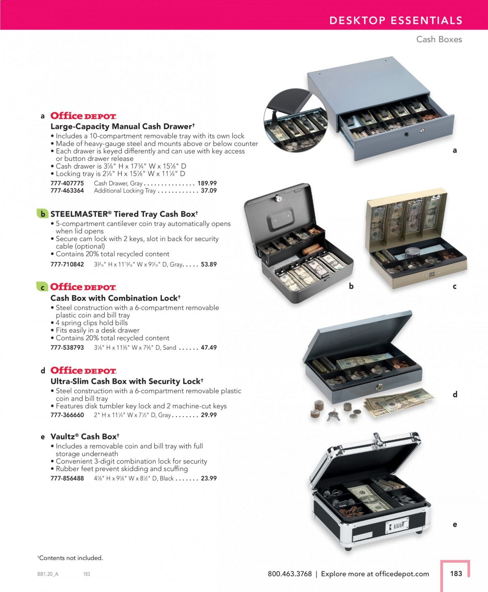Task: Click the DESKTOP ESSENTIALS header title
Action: pyautogui.click(x=396, y=20)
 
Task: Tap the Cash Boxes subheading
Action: pyautogui.click(x=439, y=39)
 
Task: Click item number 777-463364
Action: pyautogui.click(x=67, y=191)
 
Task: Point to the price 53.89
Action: pyautogui.click(x=209, y=264)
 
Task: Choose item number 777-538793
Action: pyautogui.click(x=67, y=347)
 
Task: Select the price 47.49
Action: pyautogui.click(x=209, y=347)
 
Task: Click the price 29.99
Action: pyautogui.click(x=209, y=415)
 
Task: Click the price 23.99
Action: pyautogui.click(x=209, y=478)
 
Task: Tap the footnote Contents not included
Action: pyautogui.click(x=70, y=558)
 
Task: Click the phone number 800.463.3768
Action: pyautogui.click(x=290, y=574)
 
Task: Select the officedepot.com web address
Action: pyautogui.click(x=402, y=574)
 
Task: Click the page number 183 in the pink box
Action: pyautogui.click(x=456, y=573)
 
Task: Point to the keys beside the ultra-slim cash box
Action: pyautogui.click(x=333, y=415)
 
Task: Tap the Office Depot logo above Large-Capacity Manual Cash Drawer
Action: pyautogui.click(x=84, y=116)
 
